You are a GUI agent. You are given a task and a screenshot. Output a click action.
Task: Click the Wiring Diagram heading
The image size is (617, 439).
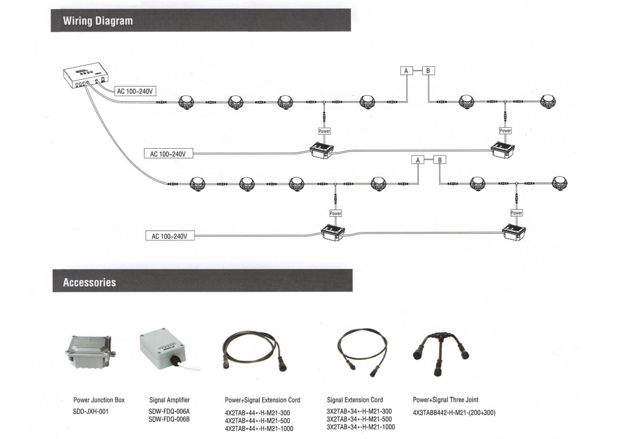pos(97,21)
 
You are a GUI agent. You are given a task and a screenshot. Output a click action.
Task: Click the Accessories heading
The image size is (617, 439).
pos(89,282)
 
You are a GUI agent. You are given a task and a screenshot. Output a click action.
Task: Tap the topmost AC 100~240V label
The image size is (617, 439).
pos(134,91)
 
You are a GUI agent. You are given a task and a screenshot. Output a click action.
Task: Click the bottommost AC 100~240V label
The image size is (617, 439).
pos(170,236)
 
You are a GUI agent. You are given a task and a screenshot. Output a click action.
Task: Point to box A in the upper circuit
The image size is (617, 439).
pos(406,71)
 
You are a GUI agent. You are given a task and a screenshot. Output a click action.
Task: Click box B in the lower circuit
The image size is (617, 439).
pos(439,160)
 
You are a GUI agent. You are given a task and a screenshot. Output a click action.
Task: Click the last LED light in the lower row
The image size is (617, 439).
pos(561,182)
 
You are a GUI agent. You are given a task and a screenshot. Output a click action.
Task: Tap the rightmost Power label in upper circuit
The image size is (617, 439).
pos(505,131)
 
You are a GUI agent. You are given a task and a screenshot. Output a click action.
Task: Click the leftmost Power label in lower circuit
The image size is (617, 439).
pos(335,213)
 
